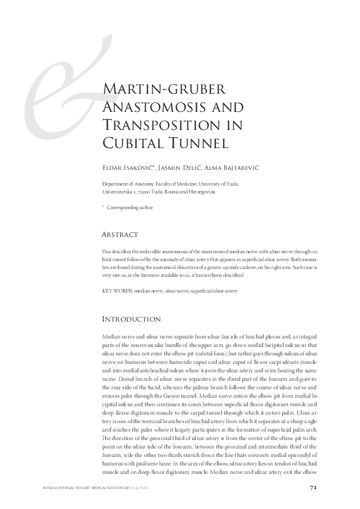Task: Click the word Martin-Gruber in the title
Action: pyautogui.click(x=162, y=91)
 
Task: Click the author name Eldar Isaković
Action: pyautogui.click(x=129, y=166)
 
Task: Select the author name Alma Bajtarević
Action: pyautogui.click(x=235, y=166)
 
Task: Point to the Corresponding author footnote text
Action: pyautogui.click(x=130, y=207)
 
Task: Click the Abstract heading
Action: pyautogui.click(x=120, y=235)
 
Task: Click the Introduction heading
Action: pyautogui.click(x=131, y=319)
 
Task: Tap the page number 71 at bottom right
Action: pyautogui.click(x=313, y=487)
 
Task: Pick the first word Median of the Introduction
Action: pyautogui.click(x=112, y=335)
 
